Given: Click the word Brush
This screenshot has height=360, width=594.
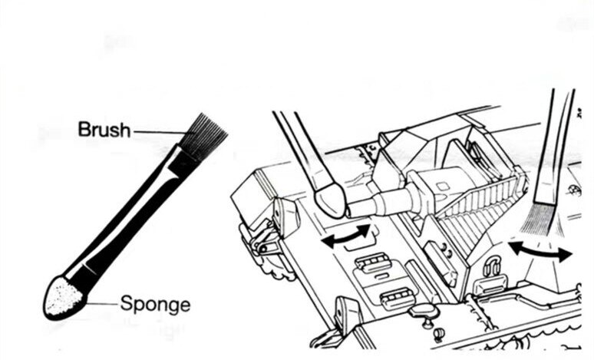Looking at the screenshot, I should click(104, 129).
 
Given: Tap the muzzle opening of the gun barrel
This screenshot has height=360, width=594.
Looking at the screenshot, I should click(350, 209).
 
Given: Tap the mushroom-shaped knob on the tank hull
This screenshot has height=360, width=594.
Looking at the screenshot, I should click(421, 310).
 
